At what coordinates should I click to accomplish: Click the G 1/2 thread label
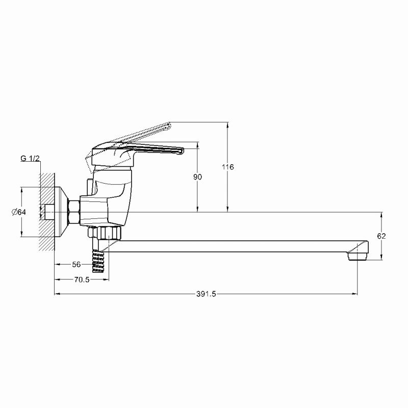coord(30,158)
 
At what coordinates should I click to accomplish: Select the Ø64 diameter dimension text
coord(19,212)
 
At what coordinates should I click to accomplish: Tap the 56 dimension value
coord(76,264)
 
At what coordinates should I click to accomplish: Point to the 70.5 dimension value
coord(82,279)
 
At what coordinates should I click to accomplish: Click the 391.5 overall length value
coord(206,294)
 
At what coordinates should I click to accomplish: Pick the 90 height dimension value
coord(197,177)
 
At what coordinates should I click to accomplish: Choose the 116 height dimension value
coord(227,167)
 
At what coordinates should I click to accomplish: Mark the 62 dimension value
coord(381,236)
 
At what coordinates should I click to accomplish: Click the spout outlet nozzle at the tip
coord(358,257)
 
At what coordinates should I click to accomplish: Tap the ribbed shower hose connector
coord(98,261)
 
